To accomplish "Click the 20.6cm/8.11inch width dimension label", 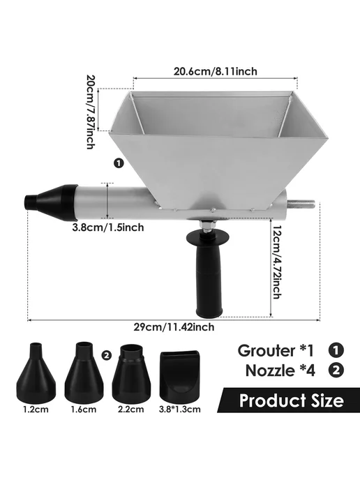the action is [x=216, y=71].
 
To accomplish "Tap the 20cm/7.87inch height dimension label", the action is [x=91, y=112].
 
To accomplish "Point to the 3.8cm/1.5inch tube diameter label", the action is [x=108, y=227].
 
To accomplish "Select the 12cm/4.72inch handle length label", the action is [x=277, y=262].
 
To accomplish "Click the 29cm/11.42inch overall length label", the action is [x=174, y=327].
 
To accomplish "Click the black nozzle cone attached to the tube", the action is [x=51, y=202].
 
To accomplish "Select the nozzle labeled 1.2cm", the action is [x=36, y=373].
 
